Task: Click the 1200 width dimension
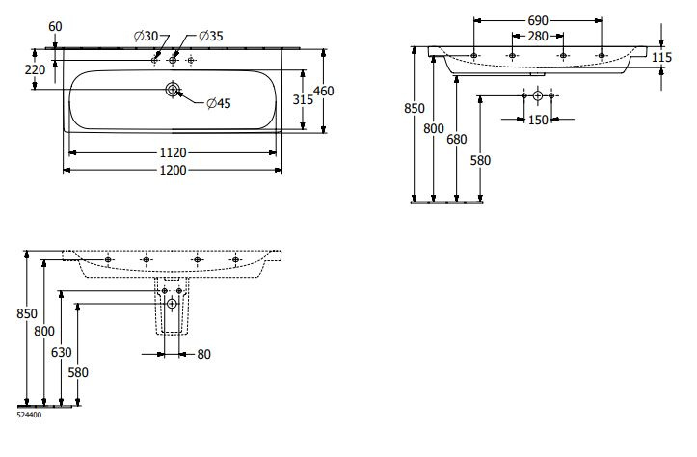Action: click(173, 171)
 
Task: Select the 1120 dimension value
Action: click(173, 152)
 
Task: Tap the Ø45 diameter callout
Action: click(217, 104)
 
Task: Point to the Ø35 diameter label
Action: click(211, 37)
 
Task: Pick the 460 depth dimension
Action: click(335, 91)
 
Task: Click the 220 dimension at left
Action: click(35, 69)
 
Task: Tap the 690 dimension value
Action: click(538, 20)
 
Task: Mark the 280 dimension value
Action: click(538, 37)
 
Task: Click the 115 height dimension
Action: click(661, 58)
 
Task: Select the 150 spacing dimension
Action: click(538, 120)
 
